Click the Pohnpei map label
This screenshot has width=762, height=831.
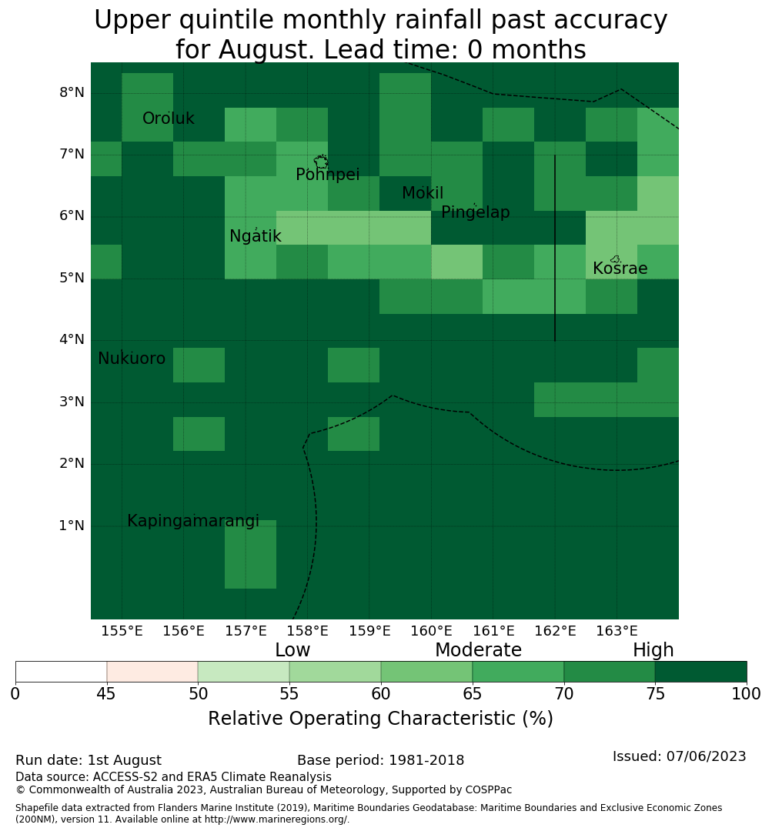click(x=327, y=174)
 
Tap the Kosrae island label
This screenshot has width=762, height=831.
click(x=620, y=269)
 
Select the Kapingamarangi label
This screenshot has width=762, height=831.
click(x=193, y=521)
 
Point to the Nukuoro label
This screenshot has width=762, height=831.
click(x=132, y=359)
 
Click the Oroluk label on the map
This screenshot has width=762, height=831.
click(x=168, y=118)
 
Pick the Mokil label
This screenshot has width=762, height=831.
click(x=423, y=192)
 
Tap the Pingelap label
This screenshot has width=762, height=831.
click(x=475, y=212)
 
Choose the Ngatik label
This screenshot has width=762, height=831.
click(x=255, y=236)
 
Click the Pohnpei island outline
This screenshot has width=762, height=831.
click(x=321, y=161)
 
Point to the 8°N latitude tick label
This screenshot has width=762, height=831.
click(x=72, y=93)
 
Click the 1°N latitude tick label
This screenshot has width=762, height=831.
click(x=72, y=526)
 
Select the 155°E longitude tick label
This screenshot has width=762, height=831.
click(x=122, y=631)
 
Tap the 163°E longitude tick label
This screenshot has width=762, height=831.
click(x=617, y=631)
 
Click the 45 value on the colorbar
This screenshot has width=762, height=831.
click(x=106, y=694)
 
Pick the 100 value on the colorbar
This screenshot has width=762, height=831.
click(x=746, y=694)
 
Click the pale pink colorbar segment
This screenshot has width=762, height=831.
click(x=152, y=672)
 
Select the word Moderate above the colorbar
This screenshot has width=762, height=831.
click(x=478, y=649)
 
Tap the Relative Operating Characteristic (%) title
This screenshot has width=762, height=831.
click(x=381, y=719)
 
